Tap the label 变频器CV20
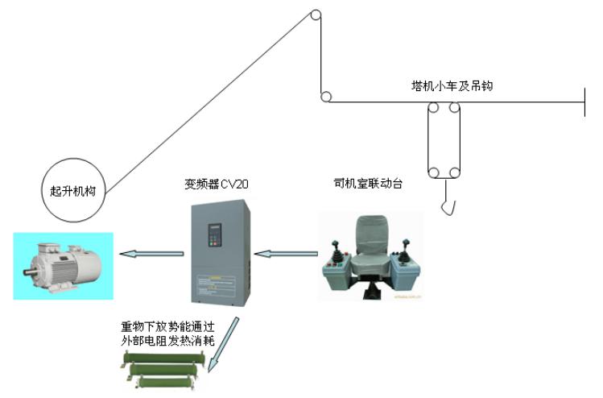(217, 184)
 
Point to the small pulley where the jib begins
(324, 98)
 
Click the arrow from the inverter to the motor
(149, 255)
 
